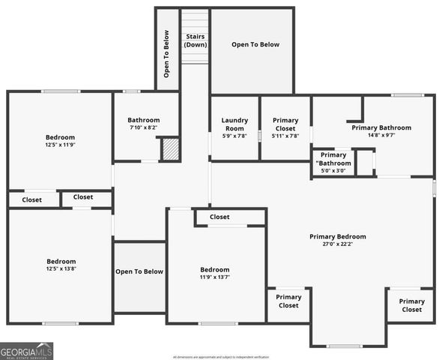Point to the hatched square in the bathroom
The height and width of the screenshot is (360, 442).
coord(171,148)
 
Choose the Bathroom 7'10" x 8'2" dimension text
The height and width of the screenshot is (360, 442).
coord(143,128)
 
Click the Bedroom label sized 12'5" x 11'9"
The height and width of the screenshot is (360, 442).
coord(60,137)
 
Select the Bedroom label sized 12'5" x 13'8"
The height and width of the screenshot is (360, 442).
coord(60,261)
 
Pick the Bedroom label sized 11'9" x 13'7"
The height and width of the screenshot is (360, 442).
coord(214,269)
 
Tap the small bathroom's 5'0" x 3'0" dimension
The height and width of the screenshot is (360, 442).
coord(333,171)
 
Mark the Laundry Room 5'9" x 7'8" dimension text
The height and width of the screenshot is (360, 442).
coord(234,136)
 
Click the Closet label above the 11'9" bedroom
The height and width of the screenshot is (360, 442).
coord(220,217)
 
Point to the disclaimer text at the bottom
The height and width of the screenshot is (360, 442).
coord(221,357)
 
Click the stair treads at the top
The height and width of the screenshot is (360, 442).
coord(196,19)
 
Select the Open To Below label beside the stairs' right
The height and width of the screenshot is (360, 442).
coord(255,45)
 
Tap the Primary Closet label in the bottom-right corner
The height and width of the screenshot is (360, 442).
coord(411,305)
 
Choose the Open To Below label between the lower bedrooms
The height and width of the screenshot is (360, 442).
coord(139,271)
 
